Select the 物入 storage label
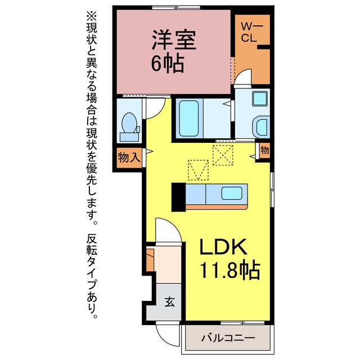(x=129, y=156)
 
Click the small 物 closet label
(x=264, y=151)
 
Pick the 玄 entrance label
(x=169, y=301)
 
